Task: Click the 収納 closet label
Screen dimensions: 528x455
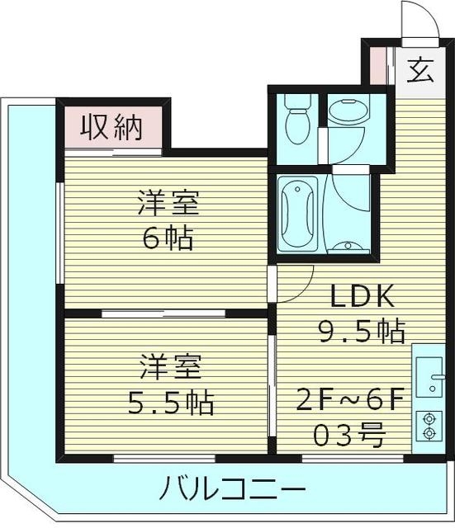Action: (111, 128)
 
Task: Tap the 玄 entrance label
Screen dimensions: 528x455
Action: (419, 69)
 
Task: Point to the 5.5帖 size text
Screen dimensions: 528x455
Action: (171, 403)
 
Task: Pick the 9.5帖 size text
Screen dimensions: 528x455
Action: (362, 332)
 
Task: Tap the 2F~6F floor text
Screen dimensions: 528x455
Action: (350, 400)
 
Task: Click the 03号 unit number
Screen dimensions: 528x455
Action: (350, 431)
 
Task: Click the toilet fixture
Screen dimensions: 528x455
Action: (295, 120)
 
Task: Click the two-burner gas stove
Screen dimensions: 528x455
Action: (429, 426)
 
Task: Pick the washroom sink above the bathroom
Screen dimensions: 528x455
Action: (348, 113)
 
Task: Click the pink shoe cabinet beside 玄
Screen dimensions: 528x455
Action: (377, 68)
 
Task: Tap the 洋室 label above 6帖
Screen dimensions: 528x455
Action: (169, 202)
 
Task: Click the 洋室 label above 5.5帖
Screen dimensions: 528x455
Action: (169, 365)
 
